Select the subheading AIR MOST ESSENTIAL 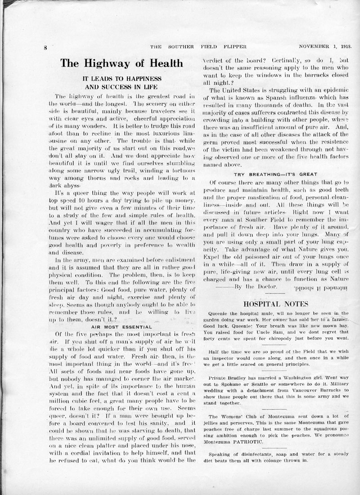(x=121, y=327)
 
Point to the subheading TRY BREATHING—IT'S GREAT (x=275, y=174)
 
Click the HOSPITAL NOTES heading (x=276, y=304)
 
